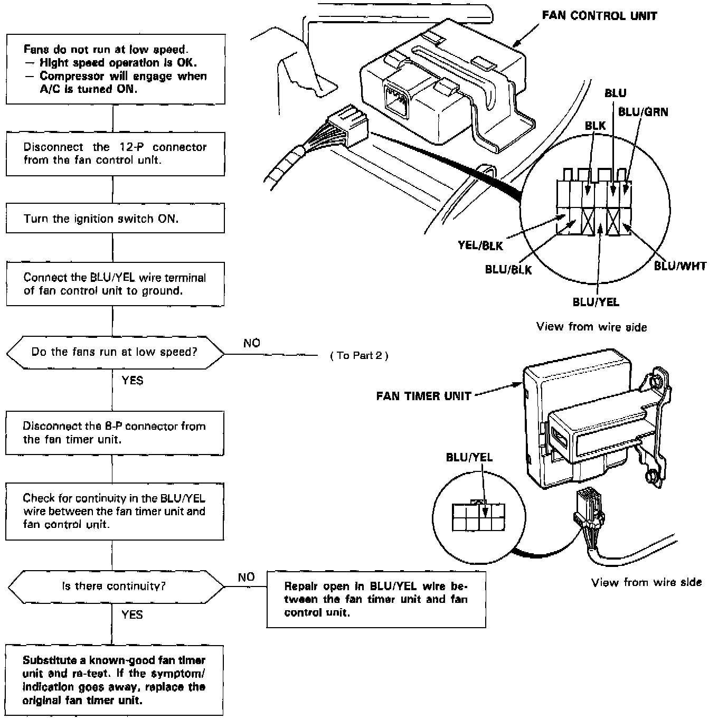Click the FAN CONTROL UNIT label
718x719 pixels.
[x=599, y=16]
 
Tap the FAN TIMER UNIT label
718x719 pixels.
[x=423, y=396]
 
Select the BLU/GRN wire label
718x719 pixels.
[x=643, y=112]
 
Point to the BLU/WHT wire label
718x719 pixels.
[x=680, y=266]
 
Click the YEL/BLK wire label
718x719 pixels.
[x=480, y=245]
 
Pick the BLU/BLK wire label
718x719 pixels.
[x=508, y=270]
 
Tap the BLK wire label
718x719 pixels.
[x=595, y=126]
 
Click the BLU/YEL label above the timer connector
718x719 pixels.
[x=469, y=457]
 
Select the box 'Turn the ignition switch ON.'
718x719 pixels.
[x=115, y=219]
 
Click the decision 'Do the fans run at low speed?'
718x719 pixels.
[x=115, y=352]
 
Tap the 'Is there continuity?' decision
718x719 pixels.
[x=115, y=586]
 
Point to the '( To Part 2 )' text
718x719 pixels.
[x=359, y=356]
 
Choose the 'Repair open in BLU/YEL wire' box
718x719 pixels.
[x=376, y=599]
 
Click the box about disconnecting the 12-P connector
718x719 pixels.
[x=115, y=154]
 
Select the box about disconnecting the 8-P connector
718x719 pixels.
[x=115, y=433]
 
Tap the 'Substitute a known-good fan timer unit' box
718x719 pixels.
[x=114, y=680]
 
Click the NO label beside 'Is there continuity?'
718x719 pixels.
[x=246, y=577]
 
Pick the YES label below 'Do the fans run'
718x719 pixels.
[x=132, y=380]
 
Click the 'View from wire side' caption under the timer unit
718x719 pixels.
[x=646, y=582]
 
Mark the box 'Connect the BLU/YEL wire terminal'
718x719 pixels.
[x=115, y=284]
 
